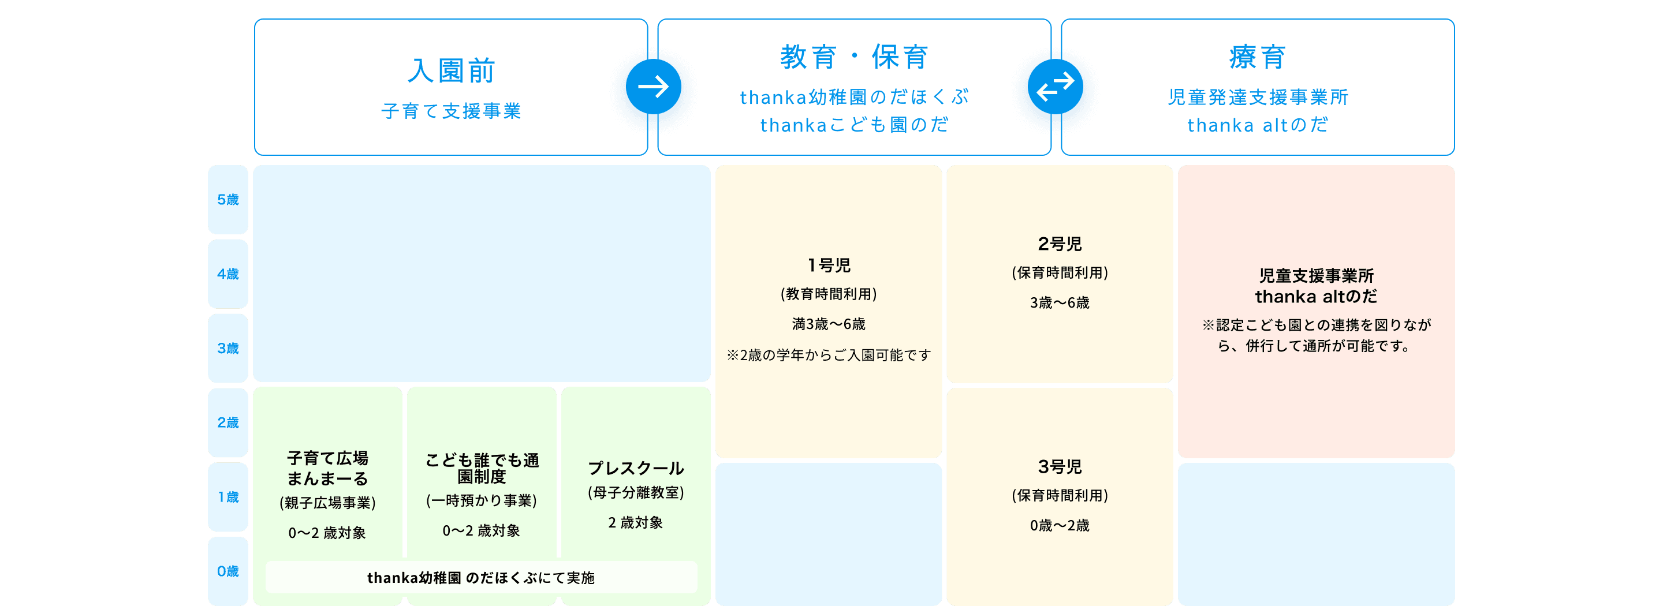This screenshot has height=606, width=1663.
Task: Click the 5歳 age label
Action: click(228, 200)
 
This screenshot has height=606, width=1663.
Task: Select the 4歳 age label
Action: click(228, 274)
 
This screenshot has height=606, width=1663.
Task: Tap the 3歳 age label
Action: click(228, 349)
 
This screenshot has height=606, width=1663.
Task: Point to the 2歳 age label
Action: click(228, 422)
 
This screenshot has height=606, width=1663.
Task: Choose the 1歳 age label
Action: click(228, 497)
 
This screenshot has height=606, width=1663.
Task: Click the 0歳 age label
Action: click(228, 571)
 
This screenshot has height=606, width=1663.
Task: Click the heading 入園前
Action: click(450, 71)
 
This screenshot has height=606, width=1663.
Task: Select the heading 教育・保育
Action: click(854, 57)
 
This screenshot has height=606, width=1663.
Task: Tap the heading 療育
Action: click(1257, 57)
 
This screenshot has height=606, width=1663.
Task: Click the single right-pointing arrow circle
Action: click(652, 87)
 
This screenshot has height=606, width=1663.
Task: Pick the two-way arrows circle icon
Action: click(1056, 87)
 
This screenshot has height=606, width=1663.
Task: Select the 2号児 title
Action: click(1060, 244)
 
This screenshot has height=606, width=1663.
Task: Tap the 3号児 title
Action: click(1060, 466)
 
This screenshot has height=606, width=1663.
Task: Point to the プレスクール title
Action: click(636, 468)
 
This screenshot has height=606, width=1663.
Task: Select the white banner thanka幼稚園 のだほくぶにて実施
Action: click(481, 578)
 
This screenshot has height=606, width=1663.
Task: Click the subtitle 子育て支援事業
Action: click(450, 111)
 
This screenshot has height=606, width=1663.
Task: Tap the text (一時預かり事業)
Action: click(481, 501)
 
